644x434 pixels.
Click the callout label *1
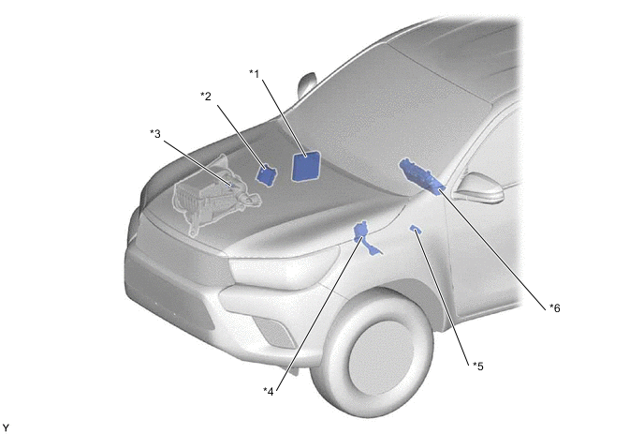[255, 74]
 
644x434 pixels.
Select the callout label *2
[206, 97]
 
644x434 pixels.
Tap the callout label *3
[155, 134]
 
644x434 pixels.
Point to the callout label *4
[269, 391]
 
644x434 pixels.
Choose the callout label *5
[478, 366]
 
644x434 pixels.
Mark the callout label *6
[555, 307]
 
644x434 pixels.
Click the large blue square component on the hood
[305, 166]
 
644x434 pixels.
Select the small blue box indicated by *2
[267, 174]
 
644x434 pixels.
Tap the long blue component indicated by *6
[421, 177]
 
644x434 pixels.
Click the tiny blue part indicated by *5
[416, 229]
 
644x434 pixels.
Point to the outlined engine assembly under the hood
[213, 195]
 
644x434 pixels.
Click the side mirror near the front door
[479, 187]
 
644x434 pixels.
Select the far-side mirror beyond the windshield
[307, 84]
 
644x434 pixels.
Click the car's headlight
[284, 266]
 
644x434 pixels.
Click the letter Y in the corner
[6, 428]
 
